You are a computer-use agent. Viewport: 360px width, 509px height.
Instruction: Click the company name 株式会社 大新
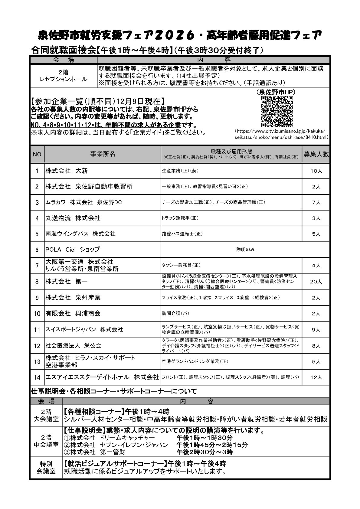67,171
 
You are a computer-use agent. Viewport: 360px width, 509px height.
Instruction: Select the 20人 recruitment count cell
316,282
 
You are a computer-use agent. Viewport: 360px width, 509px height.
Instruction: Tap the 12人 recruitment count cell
316,377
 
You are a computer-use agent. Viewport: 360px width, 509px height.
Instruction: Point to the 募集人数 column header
316,154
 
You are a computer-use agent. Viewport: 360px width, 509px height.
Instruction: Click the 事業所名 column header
103,154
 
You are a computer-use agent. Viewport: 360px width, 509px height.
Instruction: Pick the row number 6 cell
37,250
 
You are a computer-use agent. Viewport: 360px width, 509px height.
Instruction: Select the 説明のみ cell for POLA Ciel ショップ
245,250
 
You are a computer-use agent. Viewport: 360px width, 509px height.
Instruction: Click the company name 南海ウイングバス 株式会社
80,234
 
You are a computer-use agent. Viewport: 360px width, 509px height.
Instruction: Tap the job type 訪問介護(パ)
176,313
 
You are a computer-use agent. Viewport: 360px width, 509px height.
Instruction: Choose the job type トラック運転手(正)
180,218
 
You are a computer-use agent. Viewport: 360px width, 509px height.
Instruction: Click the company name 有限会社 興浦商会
73,313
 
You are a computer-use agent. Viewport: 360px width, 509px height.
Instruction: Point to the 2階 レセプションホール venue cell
63,76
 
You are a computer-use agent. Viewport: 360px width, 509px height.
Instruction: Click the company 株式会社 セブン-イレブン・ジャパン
116,445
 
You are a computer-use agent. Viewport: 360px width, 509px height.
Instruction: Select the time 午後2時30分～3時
205,452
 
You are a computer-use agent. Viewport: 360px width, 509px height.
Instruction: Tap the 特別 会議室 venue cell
46,467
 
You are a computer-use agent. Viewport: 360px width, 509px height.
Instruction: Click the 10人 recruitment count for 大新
316,171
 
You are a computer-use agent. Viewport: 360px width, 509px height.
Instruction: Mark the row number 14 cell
37,377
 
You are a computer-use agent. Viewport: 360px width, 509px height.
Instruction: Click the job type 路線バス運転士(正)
182,234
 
